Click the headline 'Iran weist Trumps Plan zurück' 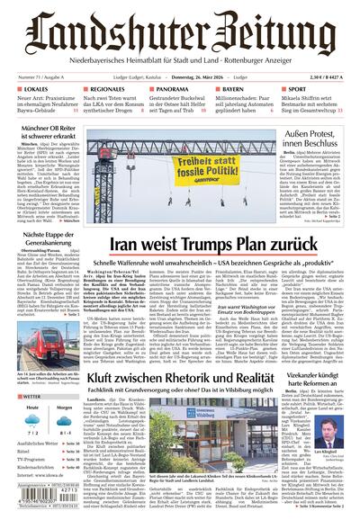[211, 243]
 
